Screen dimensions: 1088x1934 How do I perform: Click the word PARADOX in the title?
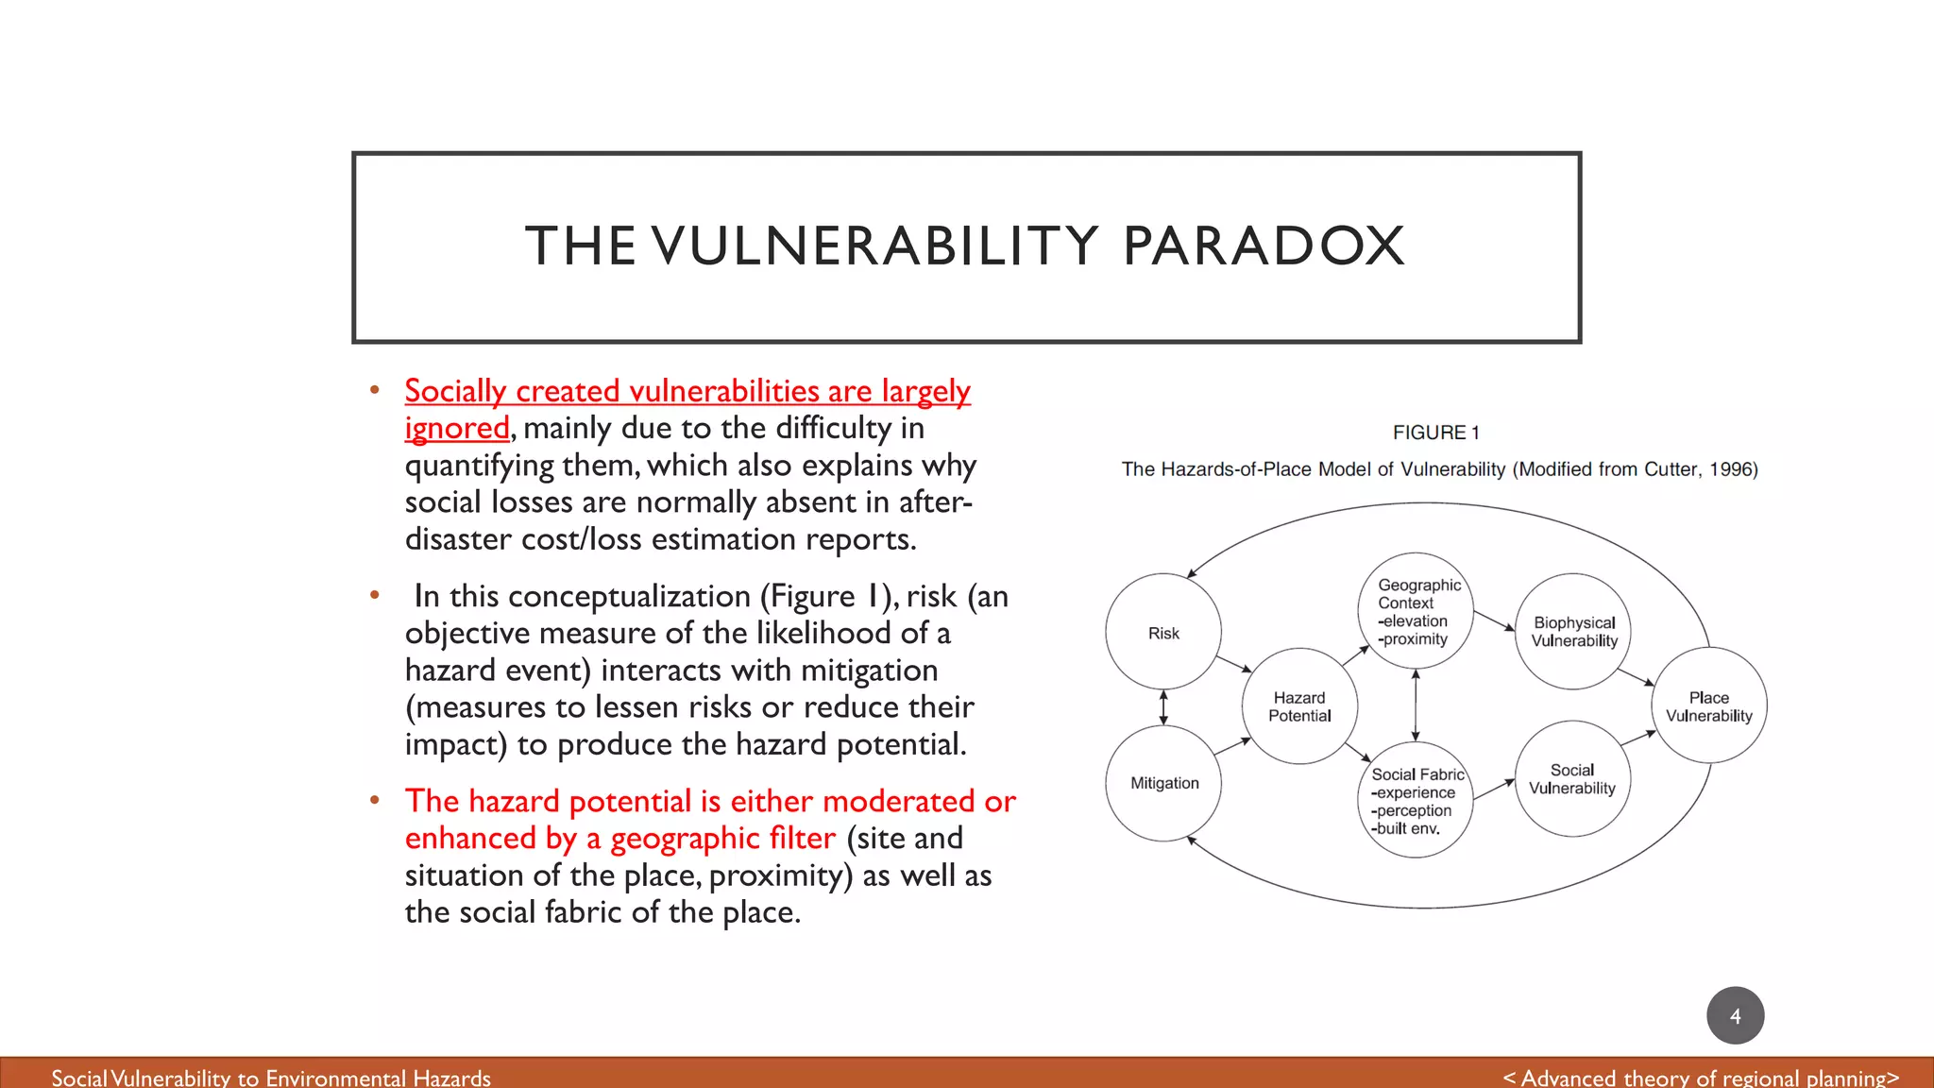(x=1264, y=246)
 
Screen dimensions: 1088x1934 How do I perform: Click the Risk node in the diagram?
(x=1163, y=632)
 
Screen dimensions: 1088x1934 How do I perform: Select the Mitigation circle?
(x=1163, y=782)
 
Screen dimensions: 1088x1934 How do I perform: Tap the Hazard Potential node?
(x=1299, y=706)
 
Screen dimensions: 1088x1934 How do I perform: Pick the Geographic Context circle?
(x=1416, y=611)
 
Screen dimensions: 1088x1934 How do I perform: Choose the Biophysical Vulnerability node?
(x=1573, y=631)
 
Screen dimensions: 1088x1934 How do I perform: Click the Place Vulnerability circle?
(x=1708, y=705)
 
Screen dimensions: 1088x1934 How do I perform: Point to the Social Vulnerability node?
(x=1572, y=779)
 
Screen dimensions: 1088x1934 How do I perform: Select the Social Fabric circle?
(x=1416, y=801)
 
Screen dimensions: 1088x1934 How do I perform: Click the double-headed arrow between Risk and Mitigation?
(x=1163, y=706)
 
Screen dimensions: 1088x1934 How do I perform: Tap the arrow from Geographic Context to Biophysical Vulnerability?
(x=1494, y=620)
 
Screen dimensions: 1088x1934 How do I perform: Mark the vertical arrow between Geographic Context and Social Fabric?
(x=1416, y=705)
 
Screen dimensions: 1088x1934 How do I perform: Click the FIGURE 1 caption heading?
(x=1435, y=433)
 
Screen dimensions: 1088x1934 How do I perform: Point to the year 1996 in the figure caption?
(x=1731, y=469)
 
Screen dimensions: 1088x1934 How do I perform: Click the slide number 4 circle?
(x=1735, y=1015)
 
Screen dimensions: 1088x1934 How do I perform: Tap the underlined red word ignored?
(x=457, y=428)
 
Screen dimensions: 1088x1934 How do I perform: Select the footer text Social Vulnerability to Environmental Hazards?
(x=271, y=1078)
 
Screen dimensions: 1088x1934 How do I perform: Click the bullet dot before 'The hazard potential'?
(x=375, y=801)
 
